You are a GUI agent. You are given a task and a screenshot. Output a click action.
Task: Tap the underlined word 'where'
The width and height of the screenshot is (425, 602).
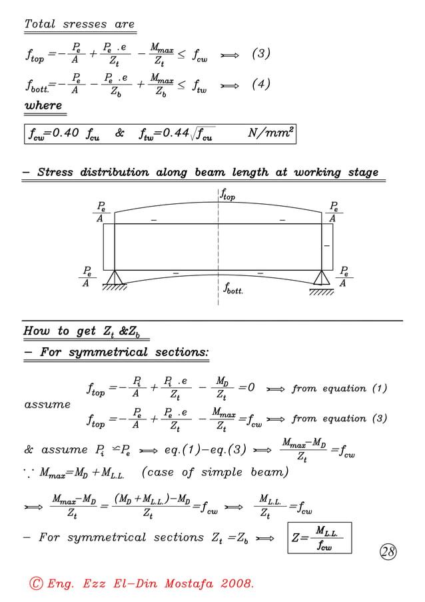(x=43, y=105)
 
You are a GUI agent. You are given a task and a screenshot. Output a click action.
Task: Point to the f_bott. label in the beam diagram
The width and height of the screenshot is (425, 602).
(x=235, y=290)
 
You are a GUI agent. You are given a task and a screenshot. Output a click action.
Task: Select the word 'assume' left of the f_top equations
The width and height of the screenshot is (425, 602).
(x=47, y=404)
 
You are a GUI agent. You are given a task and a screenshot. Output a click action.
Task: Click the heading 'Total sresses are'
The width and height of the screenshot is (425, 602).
(x=79, y=25)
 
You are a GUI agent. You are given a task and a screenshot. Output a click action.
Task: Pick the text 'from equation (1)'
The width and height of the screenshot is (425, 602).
(x=339, y=389)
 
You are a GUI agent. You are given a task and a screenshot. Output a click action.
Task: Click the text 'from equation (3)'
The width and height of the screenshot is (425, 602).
(x=339, y=419)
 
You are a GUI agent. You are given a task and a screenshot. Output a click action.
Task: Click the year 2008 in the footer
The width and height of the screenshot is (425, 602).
(x=232, y=584)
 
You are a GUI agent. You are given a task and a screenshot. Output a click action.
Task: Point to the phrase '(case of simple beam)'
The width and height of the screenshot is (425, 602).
(x=214, y=473)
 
